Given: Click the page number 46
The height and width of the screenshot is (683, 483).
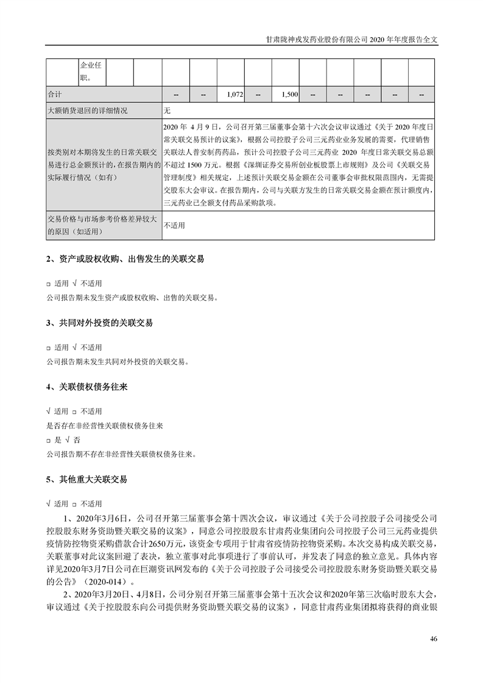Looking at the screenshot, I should (x=434, y=639).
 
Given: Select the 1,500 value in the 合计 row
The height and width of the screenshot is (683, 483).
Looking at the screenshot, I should (x=289, y=96).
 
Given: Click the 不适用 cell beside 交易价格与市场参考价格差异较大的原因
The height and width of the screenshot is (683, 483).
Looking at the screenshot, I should (x=174, y=225).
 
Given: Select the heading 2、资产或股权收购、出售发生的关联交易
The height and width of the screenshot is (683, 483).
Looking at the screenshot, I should (x=125, y=259).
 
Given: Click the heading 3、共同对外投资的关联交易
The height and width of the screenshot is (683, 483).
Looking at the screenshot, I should (x=99, y=323).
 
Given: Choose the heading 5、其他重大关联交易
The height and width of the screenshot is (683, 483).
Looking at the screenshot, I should (x=86, y=479).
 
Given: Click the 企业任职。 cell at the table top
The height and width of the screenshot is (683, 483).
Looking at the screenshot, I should (x=91, y=71).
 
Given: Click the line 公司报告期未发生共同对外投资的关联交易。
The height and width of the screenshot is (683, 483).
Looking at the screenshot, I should (x=118, y=362).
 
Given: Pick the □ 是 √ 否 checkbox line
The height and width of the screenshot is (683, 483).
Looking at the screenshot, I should (x=63, y=440).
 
